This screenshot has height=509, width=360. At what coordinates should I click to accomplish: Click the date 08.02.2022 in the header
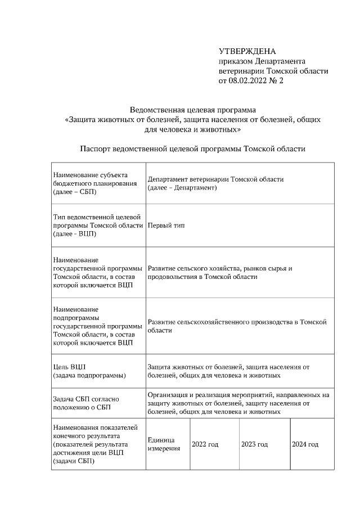pyautogui.click(x=248, y=81)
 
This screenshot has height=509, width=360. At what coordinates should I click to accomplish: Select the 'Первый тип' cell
pyautogui.click(x=166, y=225)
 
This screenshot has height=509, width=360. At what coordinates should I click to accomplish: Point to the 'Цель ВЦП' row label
pyautogui.click(x=89, y=371)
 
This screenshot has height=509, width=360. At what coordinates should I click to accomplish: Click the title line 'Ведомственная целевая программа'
pyautogui.click(x=193, y=110)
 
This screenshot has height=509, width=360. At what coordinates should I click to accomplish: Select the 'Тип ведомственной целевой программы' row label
pyautogui.click(x=98, y=225)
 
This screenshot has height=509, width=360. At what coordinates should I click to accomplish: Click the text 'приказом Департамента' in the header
pyautogui.click(x=262, y=61)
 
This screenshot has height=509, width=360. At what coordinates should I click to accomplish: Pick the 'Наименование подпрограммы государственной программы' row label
pyautogui.click(x=98, y=326)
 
